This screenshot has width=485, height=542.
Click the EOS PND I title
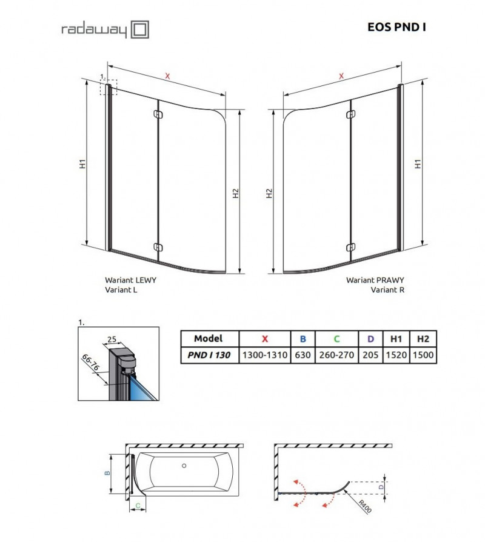click(x=396, y=27)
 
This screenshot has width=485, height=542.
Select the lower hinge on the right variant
click(x=350, y=246)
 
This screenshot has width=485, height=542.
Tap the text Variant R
click(x=387, y=290)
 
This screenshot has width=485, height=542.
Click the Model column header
click(x=209, y=339)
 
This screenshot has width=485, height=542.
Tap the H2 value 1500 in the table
click(x=422, y=355)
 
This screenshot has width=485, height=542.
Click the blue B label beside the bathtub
click(x=107, y=474)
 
